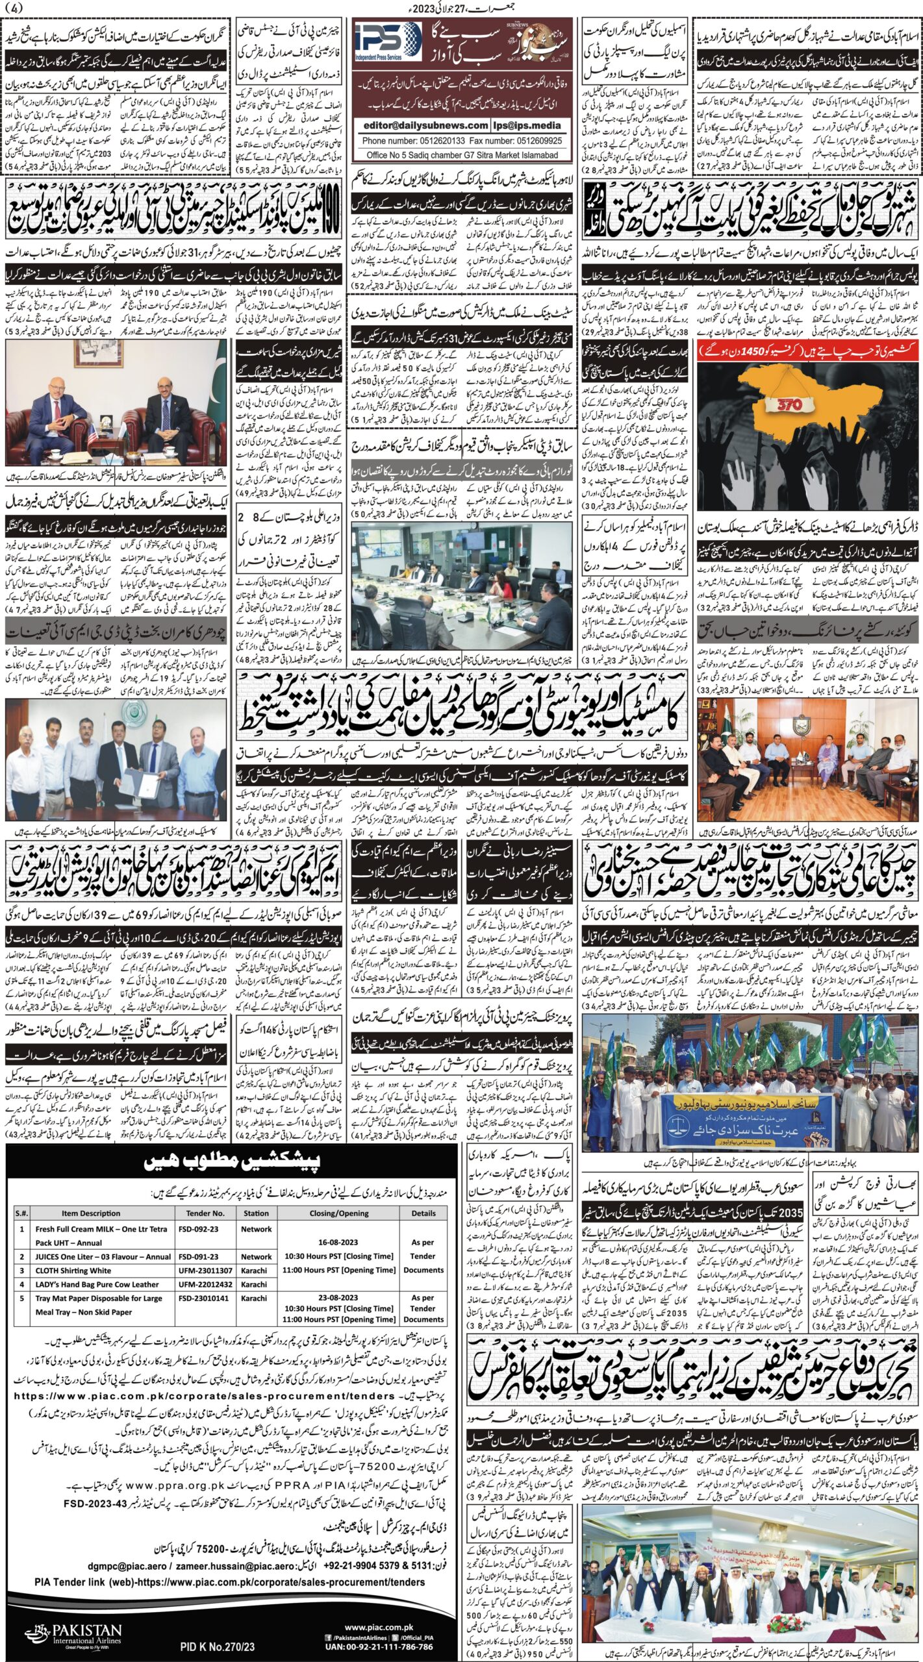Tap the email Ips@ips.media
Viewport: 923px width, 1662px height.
[x=529, y=125]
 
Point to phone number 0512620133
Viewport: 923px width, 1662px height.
[x=432, y=140]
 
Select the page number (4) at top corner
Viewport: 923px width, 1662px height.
[x=12, y=8]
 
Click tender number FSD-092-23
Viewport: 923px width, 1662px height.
[x=199, y=1228]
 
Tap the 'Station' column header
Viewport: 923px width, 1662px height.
[x=256, y=1213]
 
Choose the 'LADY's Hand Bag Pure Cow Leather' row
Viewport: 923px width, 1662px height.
[x=97, y=1284]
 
